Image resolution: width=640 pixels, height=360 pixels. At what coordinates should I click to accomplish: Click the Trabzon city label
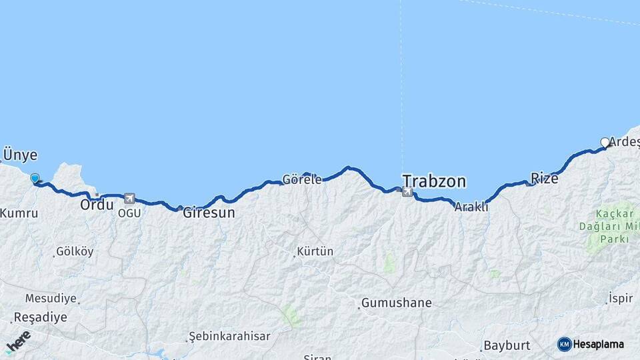(434, 181)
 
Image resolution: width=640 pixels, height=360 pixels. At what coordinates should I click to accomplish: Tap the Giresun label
(209, 213)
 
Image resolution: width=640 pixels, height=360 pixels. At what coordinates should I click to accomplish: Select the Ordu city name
(97, 205)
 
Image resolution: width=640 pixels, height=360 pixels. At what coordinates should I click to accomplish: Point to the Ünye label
(20, 155)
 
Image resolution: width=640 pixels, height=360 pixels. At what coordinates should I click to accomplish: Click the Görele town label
(302, 179)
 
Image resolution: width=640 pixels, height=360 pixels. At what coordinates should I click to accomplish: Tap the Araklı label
(471, 207)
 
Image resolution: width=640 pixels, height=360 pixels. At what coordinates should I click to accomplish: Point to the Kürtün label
(315, 252)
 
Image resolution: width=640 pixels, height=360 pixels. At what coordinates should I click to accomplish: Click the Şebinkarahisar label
(229, 336)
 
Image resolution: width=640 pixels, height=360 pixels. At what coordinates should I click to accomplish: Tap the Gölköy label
(75, 252)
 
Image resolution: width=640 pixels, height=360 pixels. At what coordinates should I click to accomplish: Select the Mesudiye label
(51, 298)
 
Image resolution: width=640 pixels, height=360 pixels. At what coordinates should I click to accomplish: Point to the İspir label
(621, 299)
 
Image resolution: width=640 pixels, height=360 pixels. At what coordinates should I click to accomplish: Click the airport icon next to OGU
(129, 198)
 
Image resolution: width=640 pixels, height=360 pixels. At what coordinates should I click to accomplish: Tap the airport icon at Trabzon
(407, 192)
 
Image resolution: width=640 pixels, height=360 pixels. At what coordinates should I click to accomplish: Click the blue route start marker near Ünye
(35, 178)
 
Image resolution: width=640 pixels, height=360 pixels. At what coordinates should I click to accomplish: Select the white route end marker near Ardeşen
(605, 142)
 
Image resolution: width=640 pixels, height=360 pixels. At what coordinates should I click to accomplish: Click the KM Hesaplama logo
(591, 344)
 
